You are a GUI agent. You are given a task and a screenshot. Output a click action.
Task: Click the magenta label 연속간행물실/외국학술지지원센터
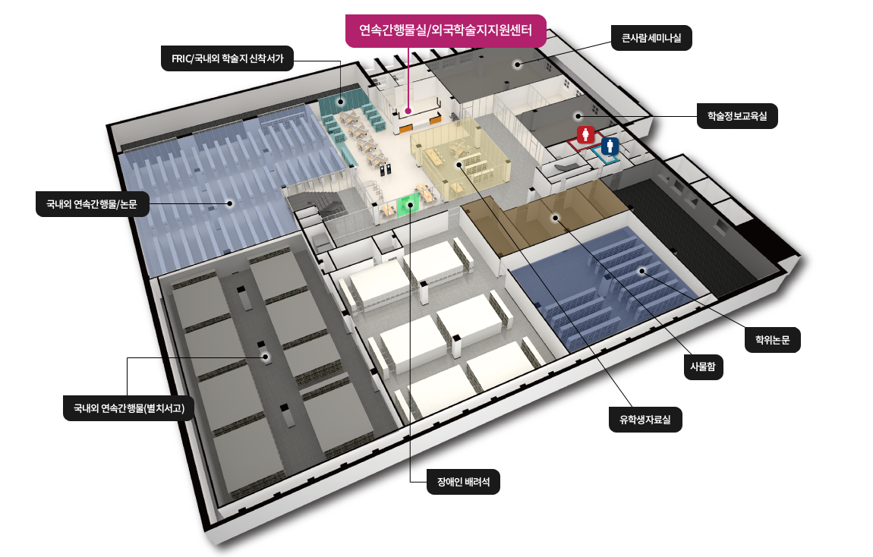point(444,31)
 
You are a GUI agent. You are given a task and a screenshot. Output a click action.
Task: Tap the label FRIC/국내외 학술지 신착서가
point(227,58)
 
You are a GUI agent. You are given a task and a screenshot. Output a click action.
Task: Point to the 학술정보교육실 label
point(737,116)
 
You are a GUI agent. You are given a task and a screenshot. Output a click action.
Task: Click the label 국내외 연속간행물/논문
point(91,203)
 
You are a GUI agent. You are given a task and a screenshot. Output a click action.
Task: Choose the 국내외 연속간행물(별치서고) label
point(129,408)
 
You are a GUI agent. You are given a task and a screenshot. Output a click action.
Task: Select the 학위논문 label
point(772,340)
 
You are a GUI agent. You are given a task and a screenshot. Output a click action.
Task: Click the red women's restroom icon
point(585,136)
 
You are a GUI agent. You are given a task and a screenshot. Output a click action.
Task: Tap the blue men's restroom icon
point(610,146)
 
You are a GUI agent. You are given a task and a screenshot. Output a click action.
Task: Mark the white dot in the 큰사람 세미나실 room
point(517,65)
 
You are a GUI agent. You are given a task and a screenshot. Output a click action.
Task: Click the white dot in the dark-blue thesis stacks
point(641,270)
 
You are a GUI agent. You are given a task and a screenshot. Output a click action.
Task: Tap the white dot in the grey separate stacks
point(266,356)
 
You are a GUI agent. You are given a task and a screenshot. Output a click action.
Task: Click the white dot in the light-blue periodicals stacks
point(230,203)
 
